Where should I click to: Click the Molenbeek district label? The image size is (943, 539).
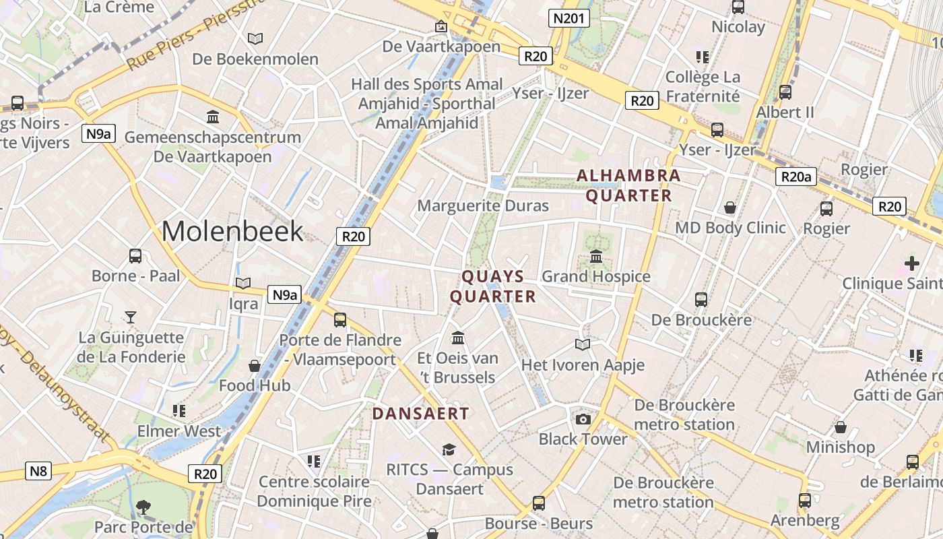(232, 231)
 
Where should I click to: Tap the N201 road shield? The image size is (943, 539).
(568, 18)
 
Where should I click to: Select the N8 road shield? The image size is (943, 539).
(38, 470)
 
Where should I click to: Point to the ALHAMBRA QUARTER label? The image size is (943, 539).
(628, 186)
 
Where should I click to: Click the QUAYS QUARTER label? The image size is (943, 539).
(493, 286)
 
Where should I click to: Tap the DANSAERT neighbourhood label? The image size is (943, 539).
(420, 414)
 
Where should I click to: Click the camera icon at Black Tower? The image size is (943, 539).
(583, 419)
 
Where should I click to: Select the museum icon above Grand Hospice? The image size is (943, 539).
(596, 257)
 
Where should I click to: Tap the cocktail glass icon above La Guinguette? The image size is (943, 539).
(131, 317)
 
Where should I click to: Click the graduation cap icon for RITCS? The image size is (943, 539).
(449, 449)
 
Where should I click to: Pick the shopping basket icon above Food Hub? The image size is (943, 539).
(255, 366)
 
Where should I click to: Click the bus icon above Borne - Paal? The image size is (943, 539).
(135, 256)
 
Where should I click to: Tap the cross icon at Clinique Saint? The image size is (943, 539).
(912, 263)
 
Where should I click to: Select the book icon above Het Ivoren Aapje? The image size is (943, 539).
(583, 345)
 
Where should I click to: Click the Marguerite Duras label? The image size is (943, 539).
(483, 205)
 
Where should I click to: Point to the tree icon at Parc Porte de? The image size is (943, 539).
(143, 507)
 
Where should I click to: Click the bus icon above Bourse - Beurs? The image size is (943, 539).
(539, 503)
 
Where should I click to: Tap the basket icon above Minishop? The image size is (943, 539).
(841, 427)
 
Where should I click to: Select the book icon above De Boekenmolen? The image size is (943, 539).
(255, 38)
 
